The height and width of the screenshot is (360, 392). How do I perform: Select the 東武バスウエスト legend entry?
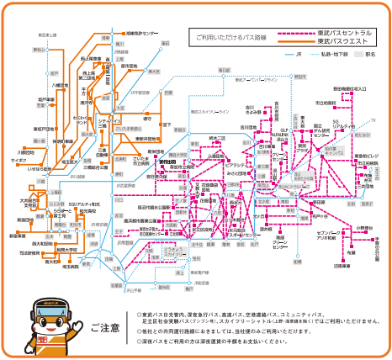344,41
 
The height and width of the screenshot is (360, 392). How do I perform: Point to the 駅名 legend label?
370,55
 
